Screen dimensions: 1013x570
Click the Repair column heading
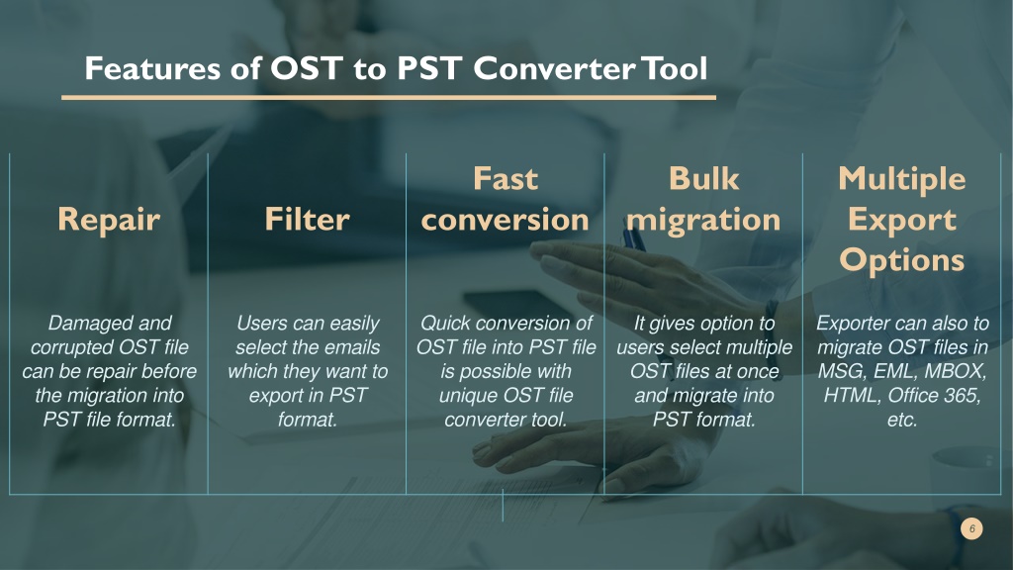click(x=109, y=220)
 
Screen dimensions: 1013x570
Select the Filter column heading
click(x=308, y=219)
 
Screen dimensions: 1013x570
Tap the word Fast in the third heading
click(x=506, y=178)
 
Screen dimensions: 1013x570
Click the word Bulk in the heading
click(x=703, y=178)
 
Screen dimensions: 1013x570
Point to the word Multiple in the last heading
click(x=902, y=179)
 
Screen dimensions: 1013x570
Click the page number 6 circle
click(x=971, y=528)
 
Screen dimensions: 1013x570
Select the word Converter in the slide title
click(x=554, y=68)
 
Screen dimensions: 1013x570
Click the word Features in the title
click(x=152, y=68)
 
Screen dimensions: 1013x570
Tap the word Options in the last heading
click(x=902, y=260)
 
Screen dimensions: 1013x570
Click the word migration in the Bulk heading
click(x=703, y=220)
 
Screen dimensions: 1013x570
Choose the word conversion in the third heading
click(x=506, y=220)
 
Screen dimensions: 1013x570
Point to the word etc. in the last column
click(x=902, y=420)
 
